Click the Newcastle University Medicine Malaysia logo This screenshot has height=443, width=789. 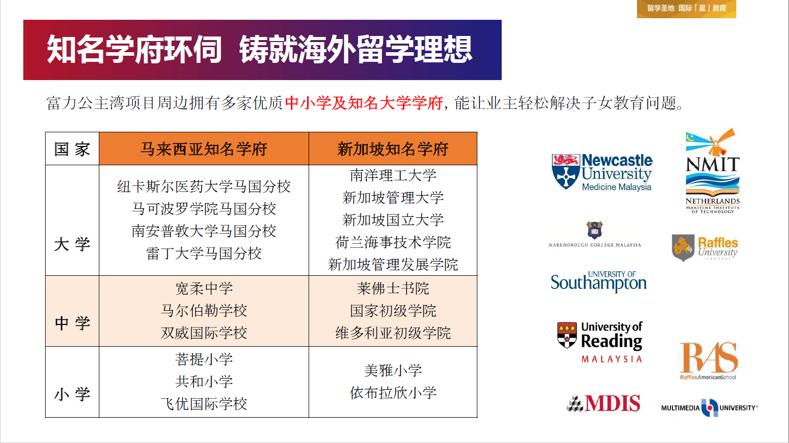[602, 172]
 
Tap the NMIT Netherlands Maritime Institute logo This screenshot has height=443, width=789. [712, 171]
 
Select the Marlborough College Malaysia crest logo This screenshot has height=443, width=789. [594, 234]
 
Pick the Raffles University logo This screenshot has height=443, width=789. [705, 248]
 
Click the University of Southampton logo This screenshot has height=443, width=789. [599, 281]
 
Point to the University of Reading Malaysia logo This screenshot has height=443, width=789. [600, 342]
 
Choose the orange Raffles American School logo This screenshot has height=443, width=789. [708, 361]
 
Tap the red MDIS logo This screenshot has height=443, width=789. [603, 403]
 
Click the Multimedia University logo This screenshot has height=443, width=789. [709, 408]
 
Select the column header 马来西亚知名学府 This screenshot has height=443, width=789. [204, 149]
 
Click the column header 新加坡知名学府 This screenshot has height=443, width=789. [393, 149]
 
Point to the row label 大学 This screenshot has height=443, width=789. [72, 244]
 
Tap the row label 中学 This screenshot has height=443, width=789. [72, 323]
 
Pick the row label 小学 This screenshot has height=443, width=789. [72, 394]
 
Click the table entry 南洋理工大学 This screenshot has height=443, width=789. [393, 175]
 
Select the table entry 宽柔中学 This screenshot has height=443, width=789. [204, 288]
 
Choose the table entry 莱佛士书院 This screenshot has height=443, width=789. [393, 288]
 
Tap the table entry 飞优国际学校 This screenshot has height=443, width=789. [204, 403]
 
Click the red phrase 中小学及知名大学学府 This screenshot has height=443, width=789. [364, 103]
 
